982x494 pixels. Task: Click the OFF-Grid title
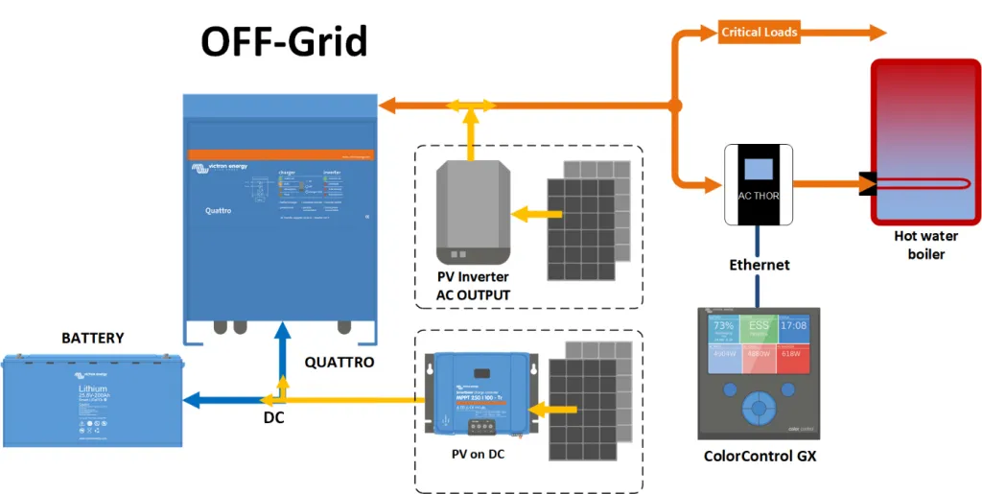283,42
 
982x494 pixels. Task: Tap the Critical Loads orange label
759,32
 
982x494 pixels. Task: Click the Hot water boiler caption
925,246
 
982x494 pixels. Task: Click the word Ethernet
760,265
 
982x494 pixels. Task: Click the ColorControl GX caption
760,457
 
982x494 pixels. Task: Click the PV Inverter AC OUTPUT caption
473,286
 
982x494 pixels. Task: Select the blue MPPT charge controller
477,392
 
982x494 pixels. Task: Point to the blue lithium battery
92,400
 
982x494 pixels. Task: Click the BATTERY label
93,338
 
